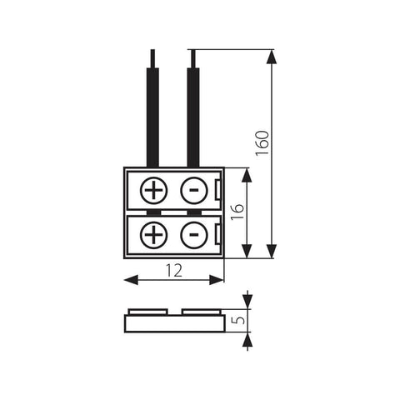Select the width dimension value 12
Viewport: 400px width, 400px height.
pyautogui.click(x=175, y=269)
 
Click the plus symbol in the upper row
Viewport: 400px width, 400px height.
pyautogui.click(x=153, y=191)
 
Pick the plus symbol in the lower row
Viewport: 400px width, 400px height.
pyautogui.click(x=153, y=234)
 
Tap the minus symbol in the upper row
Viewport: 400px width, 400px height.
pyautogui.click(x=193, y=191)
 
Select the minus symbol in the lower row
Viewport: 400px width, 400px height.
pyautogui.click(x=193, y=234)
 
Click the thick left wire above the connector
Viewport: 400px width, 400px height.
pyautogui.click(x=152, y=117)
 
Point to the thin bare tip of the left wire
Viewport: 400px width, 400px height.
pyautogui.click(x=152, y=57)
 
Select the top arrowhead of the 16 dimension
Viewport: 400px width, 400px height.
pyautogui.click(x=247, y=174)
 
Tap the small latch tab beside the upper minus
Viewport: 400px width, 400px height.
pyautogui.click(x=218, y=191)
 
